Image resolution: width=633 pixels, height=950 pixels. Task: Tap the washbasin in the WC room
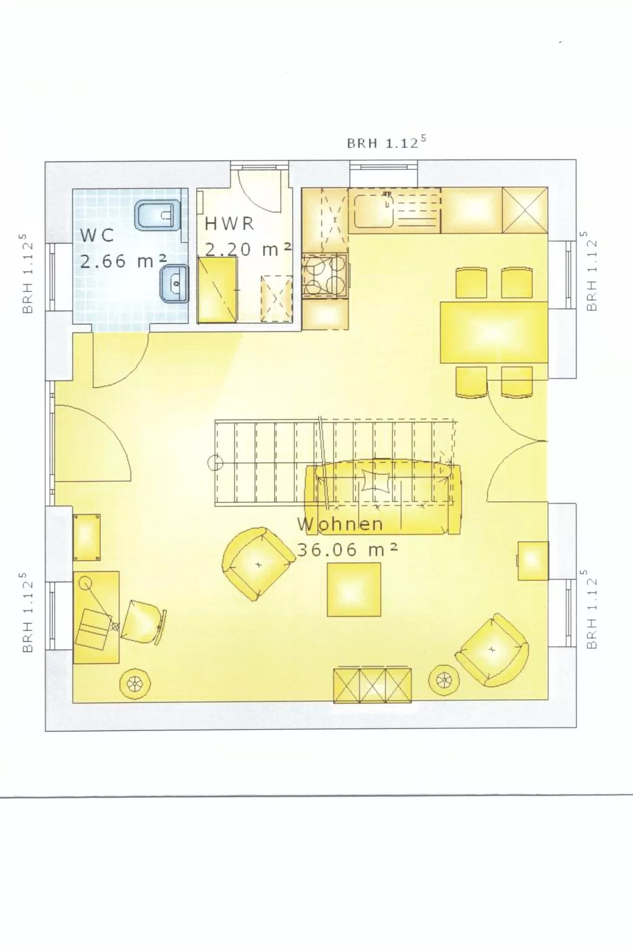click(x=175, y=284)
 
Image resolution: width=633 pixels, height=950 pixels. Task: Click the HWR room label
click(x=229, y=223)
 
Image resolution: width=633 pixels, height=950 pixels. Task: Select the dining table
click(x=493, y=332)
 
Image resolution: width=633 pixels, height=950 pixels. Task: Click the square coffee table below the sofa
click(x=354, y=589)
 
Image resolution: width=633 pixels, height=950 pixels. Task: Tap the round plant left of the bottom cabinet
click(x=134, y=683)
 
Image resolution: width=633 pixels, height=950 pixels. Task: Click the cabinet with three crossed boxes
click(x=373, y=685)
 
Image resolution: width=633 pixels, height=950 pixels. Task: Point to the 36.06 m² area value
click(x=347, y=550)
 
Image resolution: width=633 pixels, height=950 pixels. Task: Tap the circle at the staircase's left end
click(x=215, y=462)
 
